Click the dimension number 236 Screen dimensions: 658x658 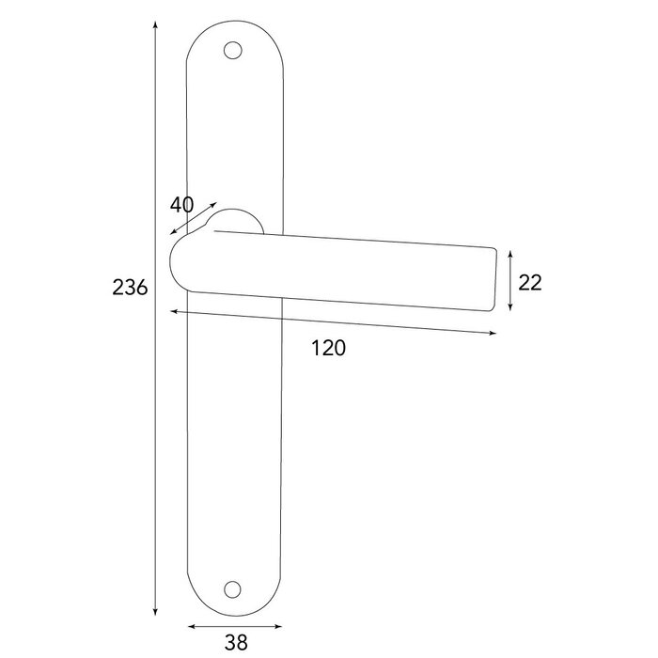130,288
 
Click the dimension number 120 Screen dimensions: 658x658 328,349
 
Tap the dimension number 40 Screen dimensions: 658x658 182,205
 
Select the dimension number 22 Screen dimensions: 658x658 530,282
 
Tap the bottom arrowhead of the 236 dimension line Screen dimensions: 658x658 154,612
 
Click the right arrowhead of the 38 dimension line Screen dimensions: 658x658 280,624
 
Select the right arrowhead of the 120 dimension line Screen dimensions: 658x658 494,333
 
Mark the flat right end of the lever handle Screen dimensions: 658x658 495,277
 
